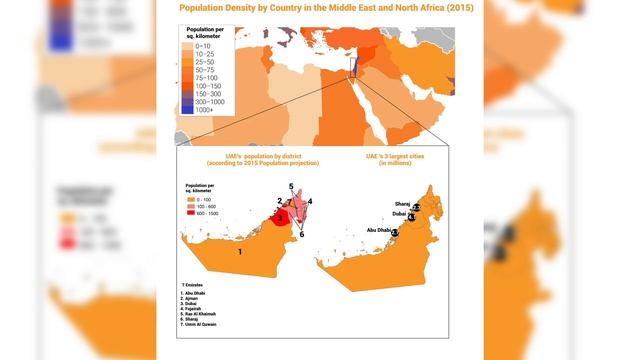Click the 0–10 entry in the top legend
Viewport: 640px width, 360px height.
(202, 46)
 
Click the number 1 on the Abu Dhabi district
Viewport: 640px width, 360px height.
(240, 253)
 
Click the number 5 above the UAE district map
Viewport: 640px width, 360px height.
(291, 187)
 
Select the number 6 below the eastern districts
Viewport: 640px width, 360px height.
(301, 234)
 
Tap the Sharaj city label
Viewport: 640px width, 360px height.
(402, 203)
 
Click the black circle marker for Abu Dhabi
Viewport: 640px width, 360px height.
(395, 232)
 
